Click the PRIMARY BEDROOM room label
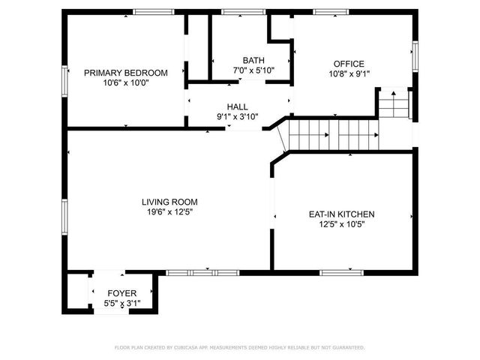(125, 73)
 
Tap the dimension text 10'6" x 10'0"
(125, 83)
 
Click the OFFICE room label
(349, 64)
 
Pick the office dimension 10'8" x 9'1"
(349, 73)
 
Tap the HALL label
(237, 106)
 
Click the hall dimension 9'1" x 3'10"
(237, 117)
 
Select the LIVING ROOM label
(169, 202)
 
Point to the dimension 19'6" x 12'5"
(169, 212)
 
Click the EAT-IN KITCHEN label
(341, 214)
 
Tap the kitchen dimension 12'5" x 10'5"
(341, 224)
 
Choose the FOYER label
(121, 293)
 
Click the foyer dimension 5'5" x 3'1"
(121, 303)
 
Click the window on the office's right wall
(414, 57)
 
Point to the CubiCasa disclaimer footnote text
(239, 347)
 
